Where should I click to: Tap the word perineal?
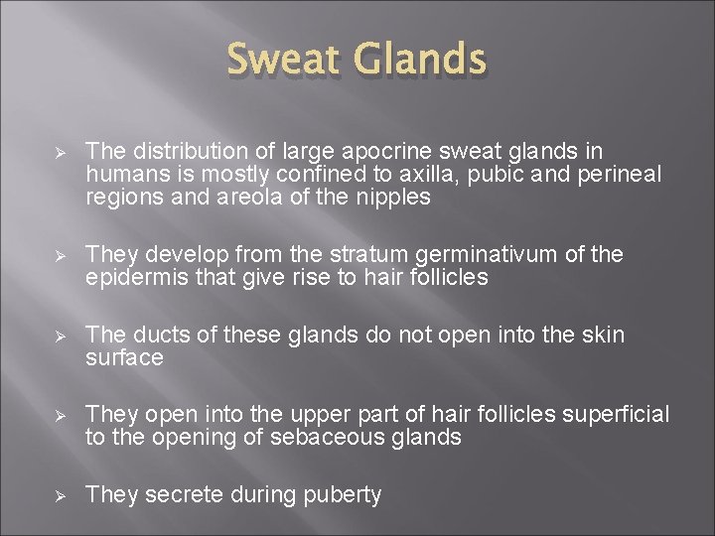pos(618,174)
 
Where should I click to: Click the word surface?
pos(124,358)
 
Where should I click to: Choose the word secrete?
pos(181,494)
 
